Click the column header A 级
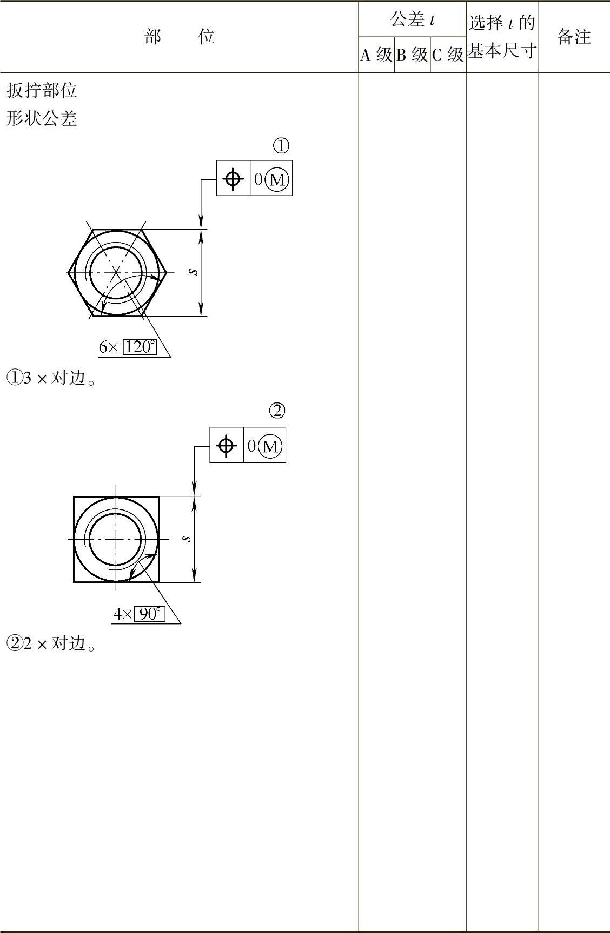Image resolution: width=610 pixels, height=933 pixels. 376,55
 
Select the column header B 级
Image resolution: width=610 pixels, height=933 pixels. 412,55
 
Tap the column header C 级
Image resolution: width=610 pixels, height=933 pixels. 448,55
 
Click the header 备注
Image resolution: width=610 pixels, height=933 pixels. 574,37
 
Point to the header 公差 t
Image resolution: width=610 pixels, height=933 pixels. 413,20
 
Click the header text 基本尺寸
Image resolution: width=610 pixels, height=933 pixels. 502,51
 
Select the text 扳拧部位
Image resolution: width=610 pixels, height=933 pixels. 42,90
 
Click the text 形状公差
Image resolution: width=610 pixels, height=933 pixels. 42,118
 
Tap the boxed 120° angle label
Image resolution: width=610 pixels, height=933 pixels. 140,346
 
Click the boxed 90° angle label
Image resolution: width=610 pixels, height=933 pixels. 149,614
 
